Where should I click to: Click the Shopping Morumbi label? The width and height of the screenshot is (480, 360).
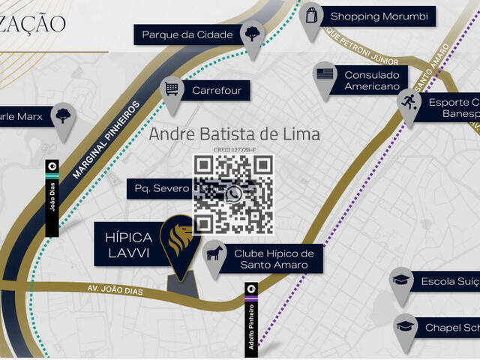[378, 16]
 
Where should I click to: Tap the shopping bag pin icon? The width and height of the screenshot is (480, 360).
[310, 15]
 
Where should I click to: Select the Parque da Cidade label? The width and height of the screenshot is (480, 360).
[187, 34]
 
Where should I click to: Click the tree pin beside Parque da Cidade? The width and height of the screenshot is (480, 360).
[252, 33]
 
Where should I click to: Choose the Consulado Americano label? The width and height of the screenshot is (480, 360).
[371, 80]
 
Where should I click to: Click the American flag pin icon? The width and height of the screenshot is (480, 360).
[324, 74]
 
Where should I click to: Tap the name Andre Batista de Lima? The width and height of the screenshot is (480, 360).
[234, 135]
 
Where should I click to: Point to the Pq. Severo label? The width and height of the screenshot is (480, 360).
[160, 188]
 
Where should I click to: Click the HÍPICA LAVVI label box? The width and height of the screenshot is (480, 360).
[129, 244]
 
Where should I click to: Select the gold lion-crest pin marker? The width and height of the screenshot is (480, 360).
[180, 240]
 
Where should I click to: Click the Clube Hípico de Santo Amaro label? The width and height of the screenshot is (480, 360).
[274, 259]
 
